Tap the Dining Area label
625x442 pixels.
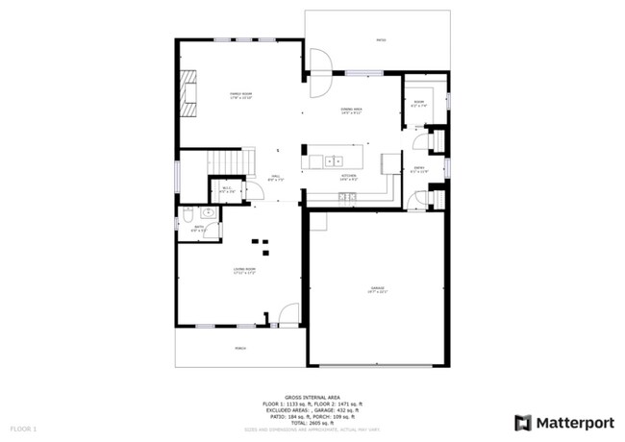pos(351,111)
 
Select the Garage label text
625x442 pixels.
pos(378,289)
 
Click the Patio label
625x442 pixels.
pos(381,40)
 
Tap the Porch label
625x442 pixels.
pos(239,349)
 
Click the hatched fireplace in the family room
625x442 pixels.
pos(190,93)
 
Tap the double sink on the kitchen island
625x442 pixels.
pos(334,160)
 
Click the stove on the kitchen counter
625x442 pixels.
pos(347,197)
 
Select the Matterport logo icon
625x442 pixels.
pos(522,422)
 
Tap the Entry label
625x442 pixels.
pos(419,170)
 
